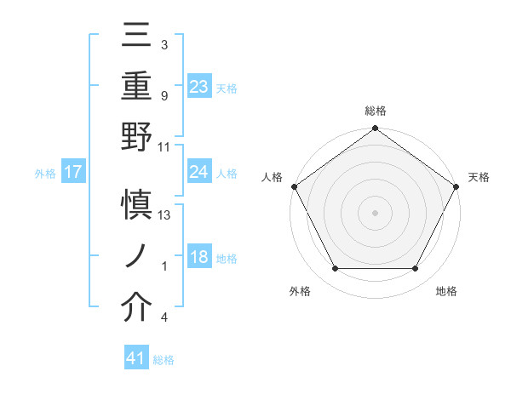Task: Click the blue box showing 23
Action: [199, 86]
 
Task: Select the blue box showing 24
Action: [199, 172]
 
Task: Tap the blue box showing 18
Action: [199, 257]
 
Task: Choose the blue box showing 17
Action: [73, 172]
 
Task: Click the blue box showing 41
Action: [136, 358]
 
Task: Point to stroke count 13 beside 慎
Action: [165, 215]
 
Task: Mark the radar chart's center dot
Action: [375, 212]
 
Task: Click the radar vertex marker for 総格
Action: [375, 129]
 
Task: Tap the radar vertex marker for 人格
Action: [295, 186]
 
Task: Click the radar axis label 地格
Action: [446, 291]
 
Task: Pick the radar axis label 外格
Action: [300, 291]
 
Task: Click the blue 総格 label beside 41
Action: [164, 359]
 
